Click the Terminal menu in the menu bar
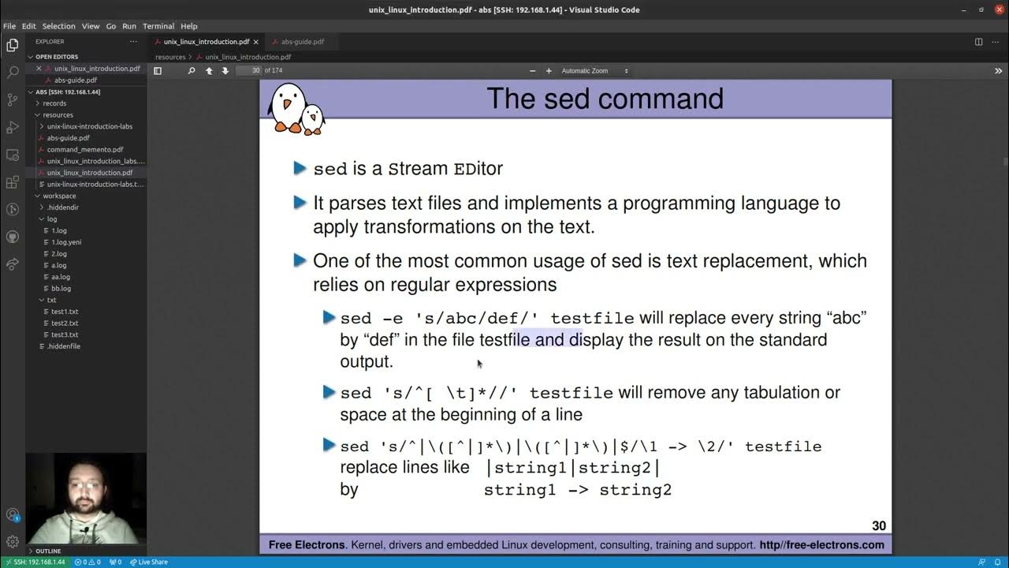158,26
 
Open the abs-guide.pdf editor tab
302,42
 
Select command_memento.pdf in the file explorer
85,149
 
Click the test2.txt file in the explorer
65,323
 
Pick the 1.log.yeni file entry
66,242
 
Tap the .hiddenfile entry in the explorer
63,346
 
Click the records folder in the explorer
54,103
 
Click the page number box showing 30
249,71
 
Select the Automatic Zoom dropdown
594,71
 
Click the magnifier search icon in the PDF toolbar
191,71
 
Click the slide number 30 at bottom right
878,526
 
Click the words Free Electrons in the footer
306,545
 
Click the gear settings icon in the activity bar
13,542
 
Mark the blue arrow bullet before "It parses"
300,203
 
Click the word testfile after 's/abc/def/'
592,319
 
